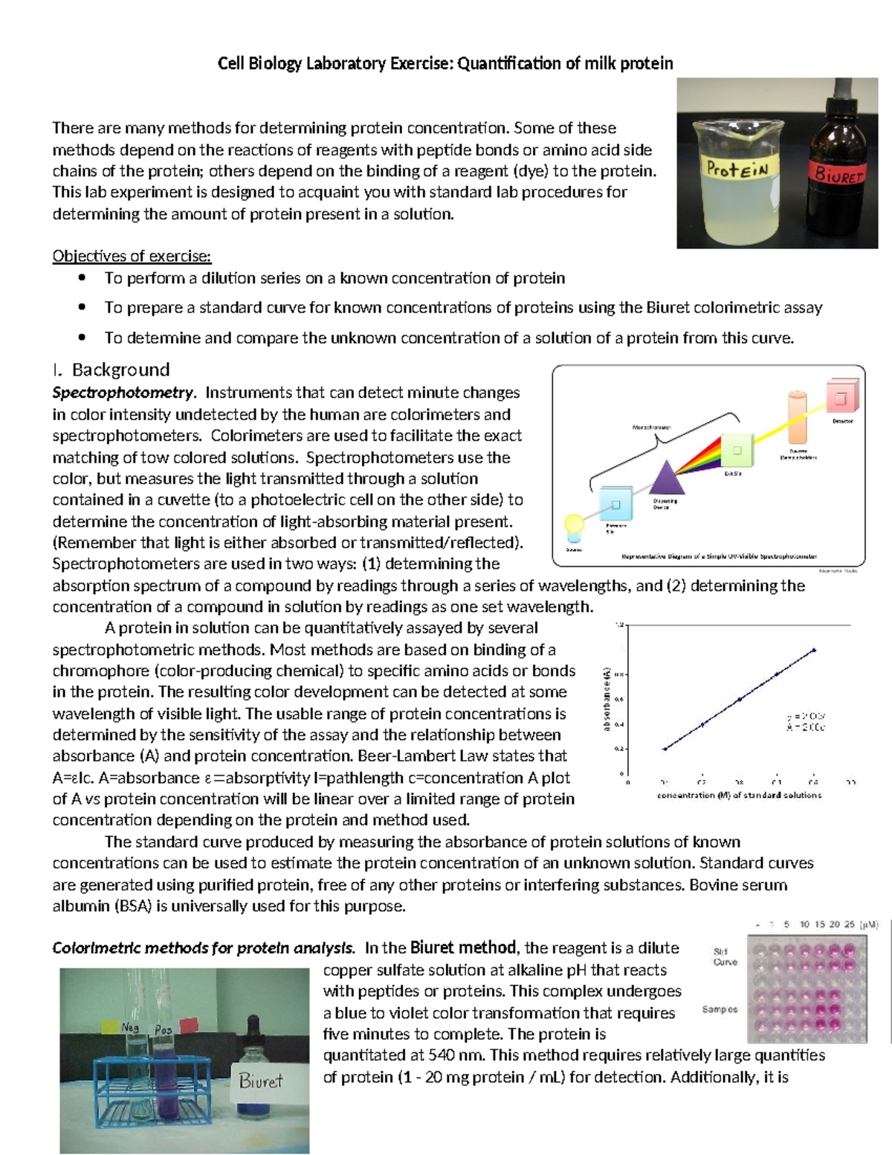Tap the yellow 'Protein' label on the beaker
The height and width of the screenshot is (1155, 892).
point(737,169)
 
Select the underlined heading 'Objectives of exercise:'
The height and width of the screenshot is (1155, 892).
point(132,257)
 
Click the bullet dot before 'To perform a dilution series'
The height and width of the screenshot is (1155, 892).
point(82,278)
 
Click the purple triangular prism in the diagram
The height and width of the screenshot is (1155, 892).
point(667,478)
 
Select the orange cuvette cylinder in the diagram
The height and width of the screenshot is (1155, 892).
point(798,419)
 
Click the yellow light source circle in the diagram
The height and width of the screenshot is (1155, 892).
point(574,524)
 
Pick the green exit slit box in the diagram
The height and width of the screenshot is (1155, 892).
point(736,451)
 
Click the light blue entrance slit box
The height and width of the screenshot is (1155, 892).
point(615,505)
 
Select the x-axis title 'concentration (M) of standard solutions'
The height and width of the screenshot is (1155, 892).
point(739,795)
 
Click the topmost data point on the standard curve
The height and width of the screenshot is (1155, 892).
point(814,650)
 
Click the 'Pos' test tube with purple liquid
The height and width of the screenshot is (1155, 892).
point(164,1071)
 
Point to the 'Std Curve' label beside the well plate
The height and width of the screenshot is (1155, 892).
point(725,956)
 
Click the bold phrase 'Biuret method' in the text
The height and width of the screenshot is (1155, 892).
point(463,948)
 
